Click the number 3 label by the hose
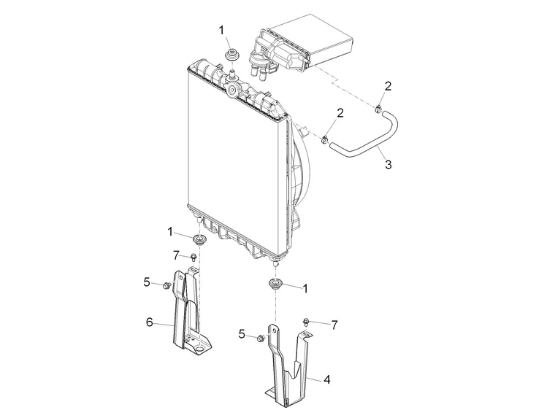pyautogui.click(x=388, y=165)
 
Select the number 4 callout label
pyautogui.click(x=327, y=380)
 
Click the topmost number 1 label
pyautogui.click(x=222, y=29)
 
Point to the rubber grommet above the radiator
pyautogui.click(x=233, y=55)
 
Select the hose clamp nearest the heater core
pyautogui.click(x=379, y=109)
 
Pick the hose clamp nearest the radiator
pyautogui.click(x=324, y=139)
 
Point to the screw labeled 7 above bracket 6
pyautogui.click(x=194, y=257)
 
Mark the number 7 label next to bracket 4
pyautogui.click(x=334, y=324)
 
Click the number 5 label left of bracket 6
pyautogui.click(x=147, y=281)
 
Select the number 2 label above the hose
pyautogui.click(x=388, y=86)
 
